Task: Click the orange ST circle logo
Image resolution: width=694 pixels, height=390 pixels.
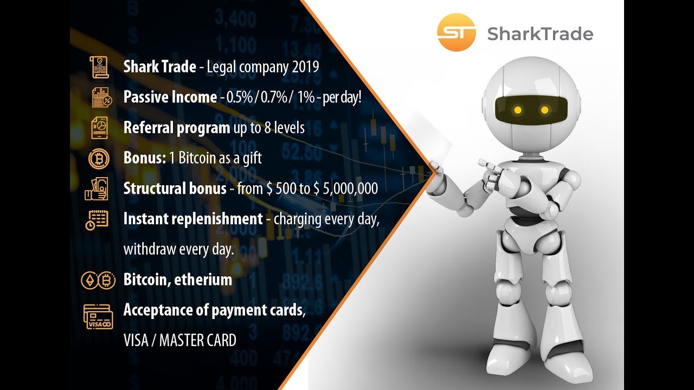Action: pos(456,32)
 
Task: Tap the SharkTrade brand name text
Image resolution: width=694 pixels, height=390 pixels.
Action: pos(540,34)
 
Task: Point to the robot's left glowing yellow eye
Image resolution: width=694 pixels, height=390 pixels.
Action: pos(518,110)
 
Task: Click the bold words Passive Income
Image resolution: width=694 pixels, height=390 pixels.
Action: pos(170,97)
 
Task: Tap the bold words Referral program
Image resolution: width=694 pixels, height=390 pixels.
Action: pos(177,128)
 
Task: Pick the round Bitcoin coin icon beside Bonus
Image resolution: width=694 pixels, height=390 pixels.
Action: pos(99,158)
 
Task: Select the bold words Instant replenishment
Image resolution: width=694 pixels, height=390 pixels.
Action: pos(193,219)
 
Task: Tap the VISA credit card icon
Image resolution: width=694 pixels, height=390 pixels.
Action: pos(98,316)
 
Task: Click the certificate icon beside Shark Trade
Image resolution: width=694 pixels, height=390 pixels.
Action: pos(99,67)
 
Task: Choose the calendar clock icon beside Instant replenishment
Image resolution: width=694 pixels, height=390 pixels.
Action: pos(98,219)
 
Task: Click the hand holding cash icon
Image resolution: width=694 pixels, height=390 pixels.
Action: pos(97,189)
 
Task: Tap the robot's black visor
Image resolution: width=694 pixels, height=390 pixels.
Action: pos(532,110)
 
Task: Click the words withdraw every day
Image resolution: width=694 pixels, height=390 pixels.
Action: pos(178,250)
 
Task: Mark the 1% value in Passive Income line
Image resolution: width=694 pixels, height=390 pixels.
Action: pos(306,97)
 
